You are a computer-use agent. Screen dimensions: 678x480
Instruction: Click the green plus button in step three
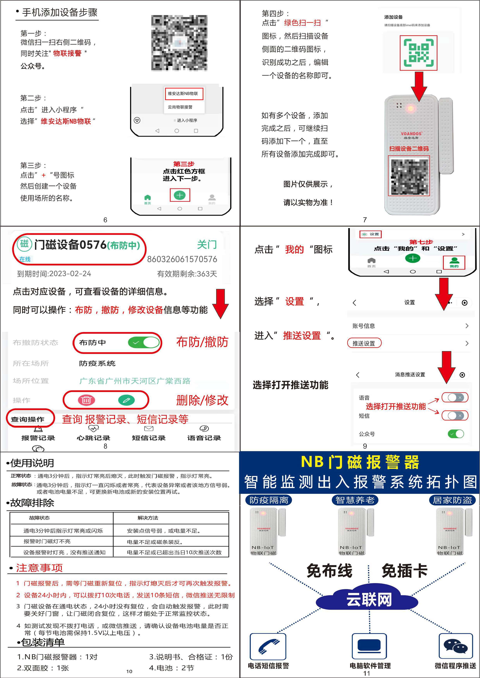click(180, 195)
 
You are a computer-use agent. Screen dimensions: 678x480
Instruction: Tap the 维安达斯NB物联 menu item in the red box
click(183, 94)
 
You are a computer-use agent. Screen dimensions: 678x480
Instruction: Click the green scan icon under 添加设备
click(418, 53)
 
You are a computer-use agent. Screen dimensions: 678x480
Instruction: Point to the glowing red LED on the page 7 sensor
click(411, 108)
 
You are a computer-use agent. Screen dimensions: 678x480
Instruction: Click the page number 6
click(105, 220)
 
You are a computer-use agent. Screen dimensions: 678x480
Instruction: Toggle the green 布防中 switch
click(143, 342)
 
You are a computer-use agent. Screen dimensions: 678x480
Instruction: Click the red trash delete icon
click(86, 400)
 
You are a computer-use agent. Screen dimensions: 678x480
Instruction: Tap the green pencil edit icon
click(126, 400)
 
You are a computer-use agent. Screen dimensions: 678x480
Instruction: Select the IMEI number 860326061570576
click(182, 259)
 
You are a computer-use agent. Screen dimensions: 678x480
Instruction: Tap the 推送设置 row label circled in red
click(364, 343)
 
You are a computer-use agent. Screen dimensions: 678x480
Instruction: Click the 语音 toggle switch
click(455, 398)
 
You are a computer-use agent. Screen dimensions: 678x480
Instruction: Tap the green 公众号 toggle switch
click(456, 434)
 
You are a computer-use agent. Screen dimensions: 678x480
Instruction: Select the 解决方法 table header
click(148, 518)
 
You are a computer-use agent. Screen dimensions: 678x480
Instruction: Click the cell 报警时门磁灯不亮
click(47, 541)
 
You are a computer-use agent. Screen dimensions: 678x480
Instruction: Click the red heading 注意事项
click(39, 568)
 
